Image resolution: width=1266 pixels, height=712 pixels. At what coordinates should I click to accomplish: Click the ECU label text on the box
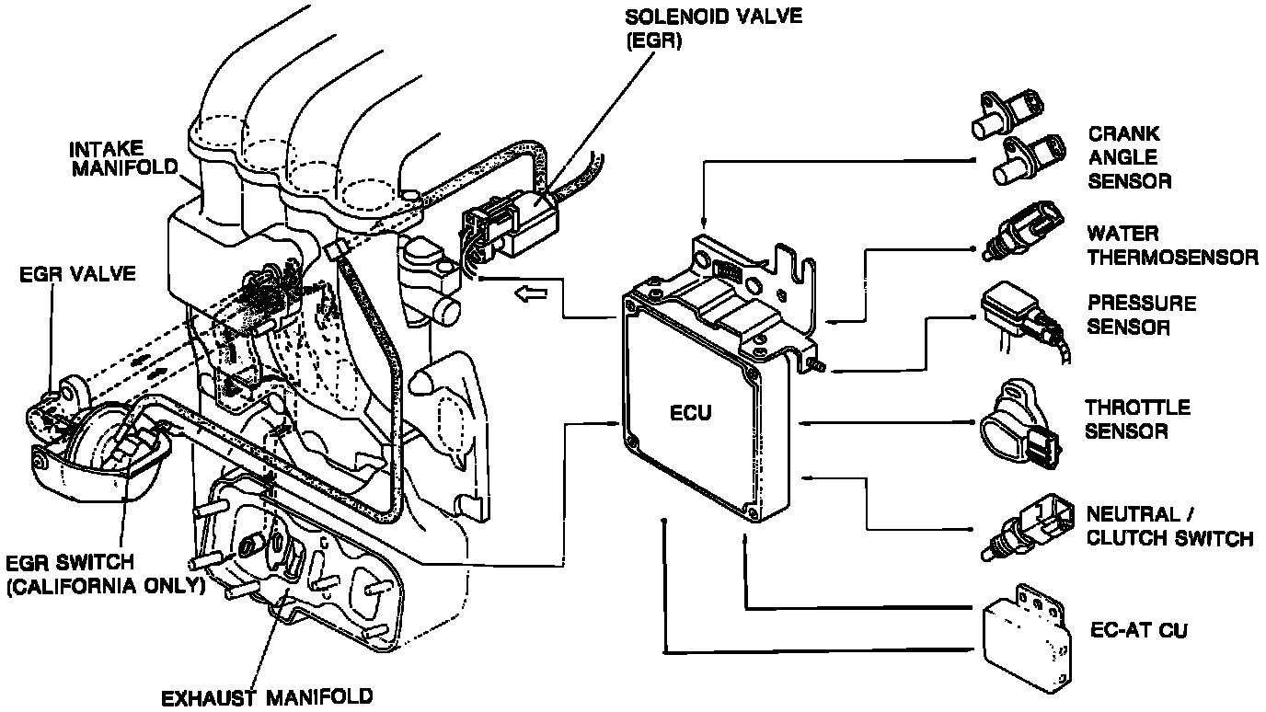[x=690, y=412]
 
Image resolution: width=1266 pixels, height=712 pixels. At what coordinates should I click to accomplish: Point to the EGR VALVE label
[x=77, y=274]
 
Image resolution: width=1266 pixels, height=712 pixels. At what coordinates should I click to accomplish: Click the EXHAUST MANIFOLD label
[x=267, y=696]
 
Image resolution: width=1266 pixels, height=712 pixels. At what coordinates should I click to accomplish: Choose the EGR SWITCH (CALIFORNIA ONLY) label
[x=103, y=574]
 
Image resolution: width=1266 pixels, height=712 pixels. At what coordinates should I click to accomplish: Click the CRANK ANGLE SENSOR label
[x=1129, y=157]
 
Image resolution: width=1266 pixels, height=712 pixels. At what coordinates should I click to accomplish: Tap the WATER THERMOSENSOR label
[x=1172, y=245]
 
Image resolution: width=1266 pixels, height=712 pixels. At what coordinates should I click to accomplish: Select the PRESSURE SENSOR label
[x=1141, y=315]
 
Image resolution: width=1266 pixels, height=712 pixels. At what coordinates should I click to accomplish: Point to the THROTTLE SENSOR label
[x=1136, y=419]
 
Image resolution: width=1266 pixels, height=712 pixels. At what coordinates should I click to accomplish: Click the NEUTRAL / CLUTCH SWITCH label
[x=1168, y=526]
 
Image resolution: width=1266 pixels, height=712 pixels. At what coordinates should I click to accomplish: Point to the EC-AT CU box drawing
[x=1026, y=635]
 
